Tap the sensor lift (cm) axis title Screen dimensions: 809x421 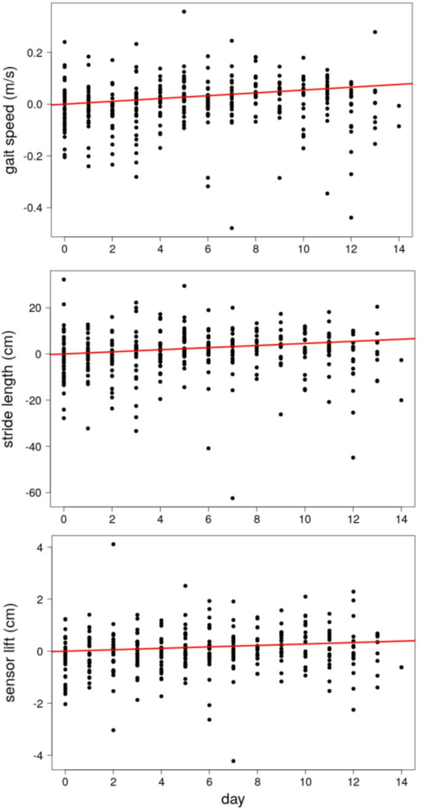[x=12, y=651]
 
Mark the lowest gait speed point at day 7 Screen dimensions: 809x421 [x=232, y=228]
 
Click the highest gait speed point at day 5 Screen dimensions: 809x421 [x=184, y=12]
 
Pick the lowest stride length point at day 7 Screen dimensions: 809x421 [x=232, y=498]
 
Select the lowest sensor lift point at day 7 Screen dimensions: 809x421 [x=233, y=761]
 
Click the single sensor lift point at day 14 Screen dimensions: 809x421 [x=401, y=667]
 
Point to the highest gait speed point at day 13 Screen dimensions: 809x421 [x=375, y=32]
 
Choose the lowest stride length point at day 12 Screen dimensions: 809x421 [x=353, y=457]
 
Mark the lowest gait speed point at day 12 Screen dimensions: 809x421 [x=351, y=218]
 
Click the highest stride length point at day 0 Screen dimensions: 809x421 [x=64, y=280]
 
